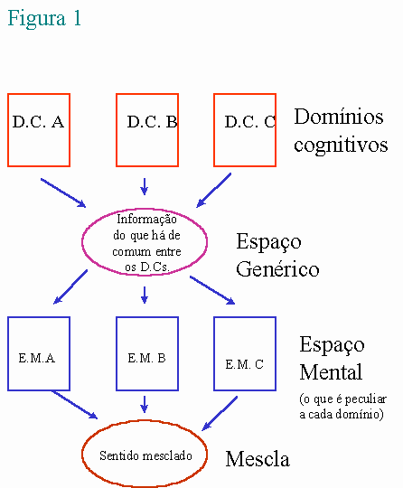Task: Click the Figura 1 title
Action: click(44, 18)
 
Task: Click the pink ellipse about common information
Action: click(82, 242)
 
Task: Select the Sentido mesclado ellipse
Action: click(82, 454)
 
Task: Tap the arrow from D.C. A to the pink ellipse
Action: click(63, 192)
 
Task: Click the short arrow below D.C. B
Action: click(144, 186)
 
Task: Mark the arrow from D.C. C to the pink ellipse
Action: click(214, 190)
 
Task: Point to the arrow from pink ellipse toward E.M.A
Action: click(70, 286)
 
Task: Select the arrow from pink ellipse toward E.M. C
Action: click(212, 290)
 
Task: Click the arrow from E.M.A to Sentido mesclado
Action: click(75, 405)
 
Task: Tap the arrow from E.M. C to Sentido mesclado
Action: click(220, 413)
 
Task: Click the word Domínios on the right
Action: click(339, 117)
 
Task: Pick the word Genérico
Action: click(277, 268)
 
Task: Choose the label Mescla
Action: click(258, 459)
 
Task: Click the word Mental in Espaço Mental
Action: click(331, 371)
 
